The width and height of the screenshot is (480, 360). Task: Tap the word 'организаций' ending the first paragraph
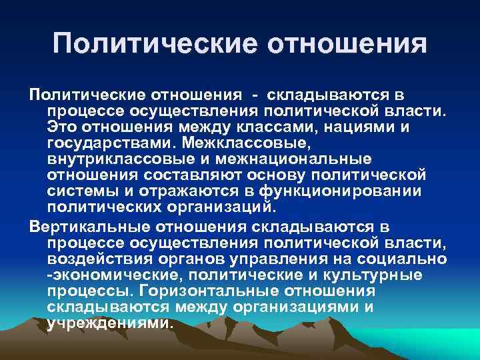[221, 207]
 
